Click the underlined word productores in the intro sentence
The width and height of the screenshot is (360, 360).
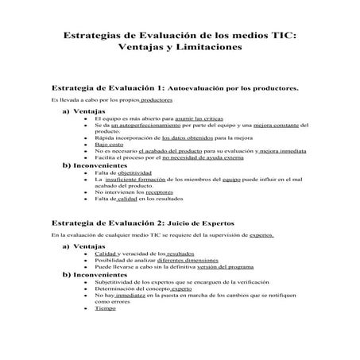[x=151, y=101]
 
